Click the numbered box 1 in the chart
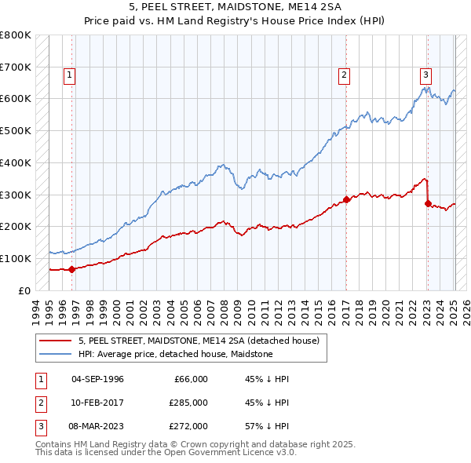(70, 75)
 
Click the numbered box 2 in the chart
(344, 75)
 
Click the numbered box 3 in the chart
(425, 75)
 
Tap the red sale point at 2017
(346, 199)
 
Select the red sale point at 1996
(71, 269)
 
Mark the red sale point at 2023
(428, 203)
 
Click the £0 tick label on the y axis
(24, 290)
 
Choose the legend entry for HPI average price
(175, 354)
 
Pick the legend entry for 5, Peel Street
(198, 341)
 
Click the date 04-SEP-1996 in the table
(97, 379)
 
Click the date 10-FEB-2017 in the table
(97, 403)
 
